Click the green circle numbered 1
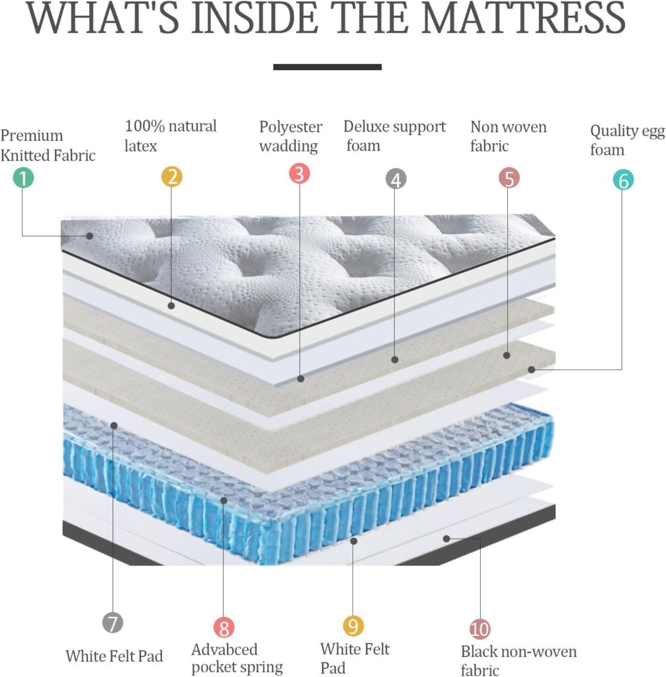[23, 177]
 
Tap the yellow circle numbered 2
[171, 177]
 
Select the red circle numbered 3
[300, 174]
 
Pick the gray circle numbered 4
[395, 179]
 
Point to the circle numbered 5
[509, 177]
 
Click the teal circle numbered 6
[622, 180]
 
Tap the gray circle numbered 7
[112, 622]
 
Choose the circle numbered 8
[224, 627]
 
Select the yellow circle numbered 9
[353, 625]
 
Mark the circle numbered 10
[479, 628]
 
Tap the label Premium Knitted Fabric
[48, 145]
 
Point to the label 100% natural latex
[171, 135]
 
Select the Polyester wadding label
[290, 136]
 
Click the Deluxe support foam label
[395, 136]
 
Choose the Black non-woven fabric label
[519, 660]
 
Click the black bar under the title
[327, 67]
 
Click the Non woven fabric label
[508, 136]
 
